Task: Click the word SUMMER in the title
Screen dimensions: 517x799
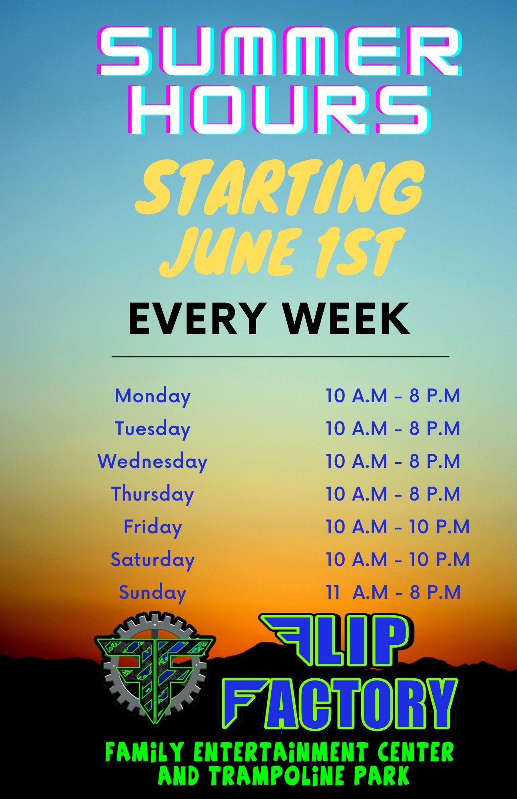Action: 280,52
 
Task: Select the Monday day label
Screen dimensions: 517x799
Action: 153,397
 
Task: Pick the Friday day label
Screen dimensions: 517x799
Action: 153,527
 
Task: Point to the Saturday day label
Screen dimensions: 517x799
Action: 153,560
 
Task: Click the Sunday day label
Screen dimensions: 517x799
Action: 153,593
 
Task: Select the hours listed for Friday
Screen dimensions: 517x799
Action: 398,527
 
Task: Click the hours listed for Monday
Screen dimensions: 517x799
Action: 393,396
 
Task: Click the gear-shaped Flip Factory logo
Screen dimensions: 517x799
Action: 155,670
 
